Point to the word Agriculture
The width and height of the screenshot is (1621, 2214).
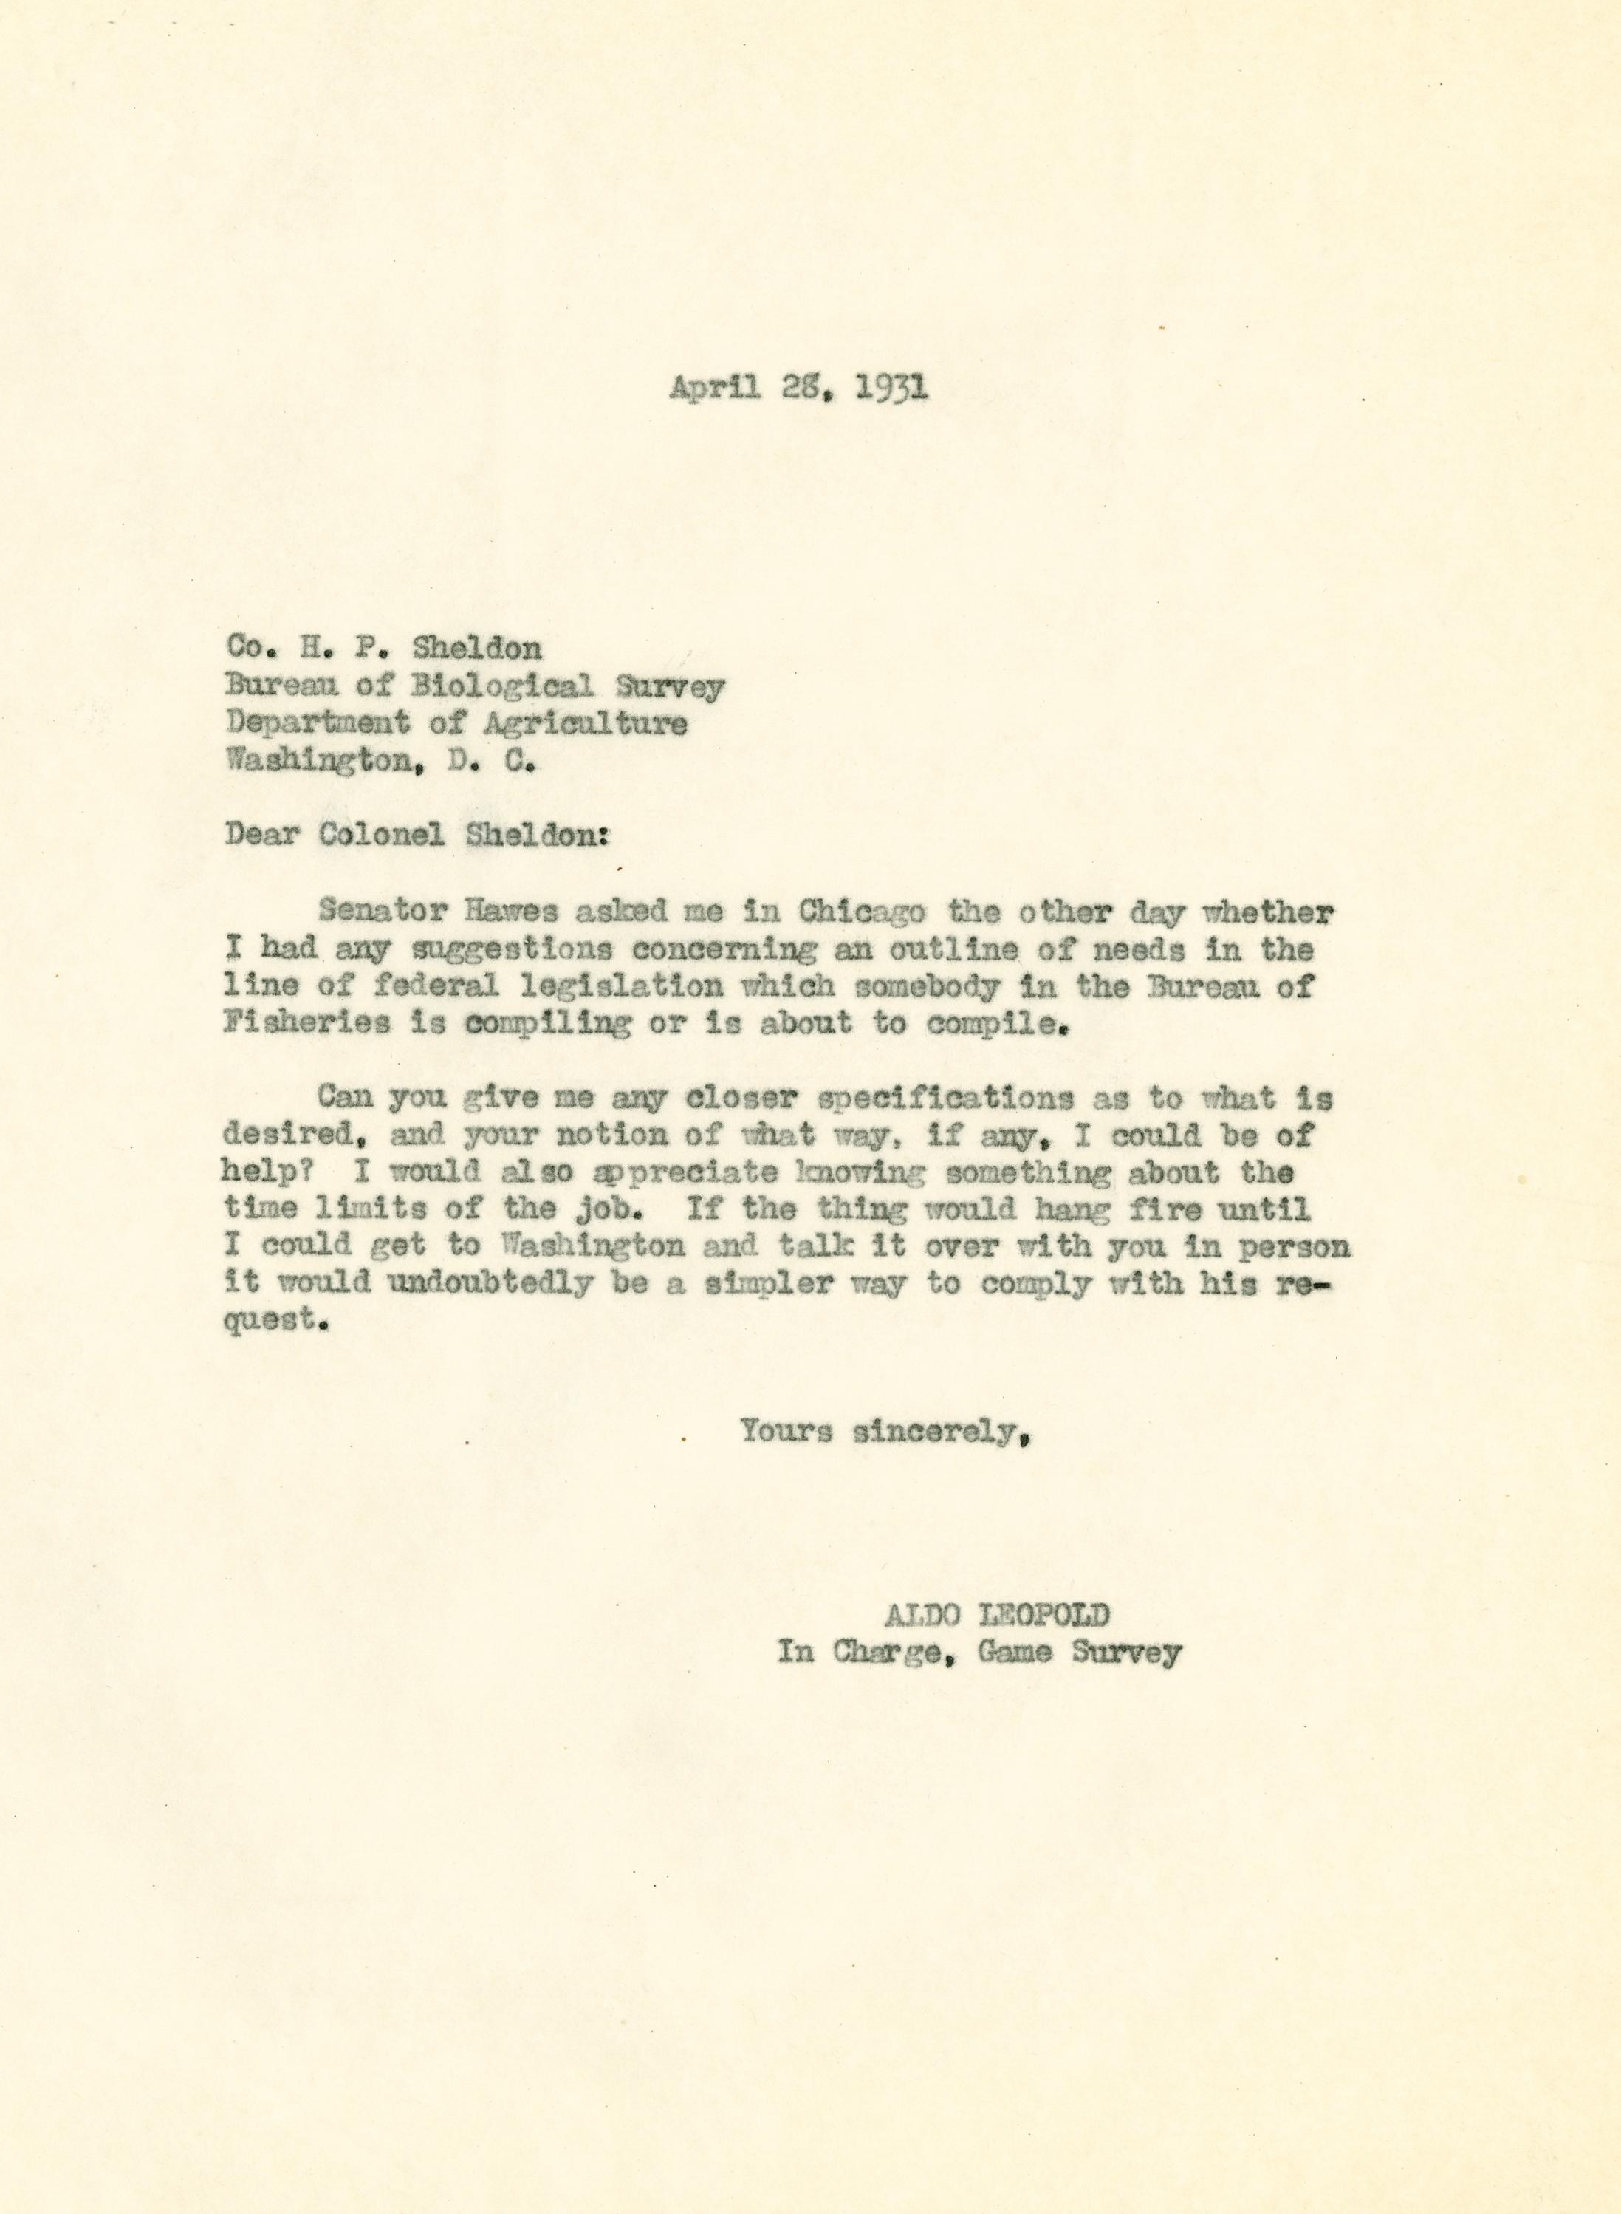point(585,723)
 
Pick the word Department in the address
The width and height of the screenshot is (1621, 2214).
point(317,723)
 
